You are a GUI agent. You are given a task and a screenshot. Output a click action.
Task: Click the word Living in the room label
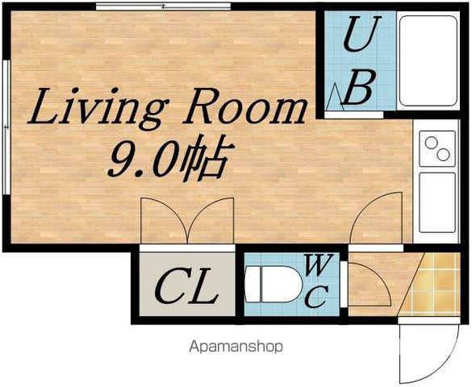96,108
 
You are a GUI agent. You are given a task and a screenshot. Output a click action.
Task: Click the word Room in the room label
244,106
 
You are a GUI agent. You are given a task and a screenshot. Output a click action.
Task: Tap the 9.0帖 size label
170,159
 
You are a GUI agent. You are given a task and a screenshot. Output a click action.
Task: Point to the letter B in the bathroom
359,87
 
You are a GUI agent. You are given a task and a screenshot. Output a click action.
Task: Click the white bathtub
428,60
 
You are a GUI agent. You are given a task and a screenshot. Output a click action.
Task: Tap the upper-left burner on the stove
431,142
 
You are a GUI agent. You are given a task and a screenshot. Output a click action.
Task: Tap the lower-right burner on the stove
443,155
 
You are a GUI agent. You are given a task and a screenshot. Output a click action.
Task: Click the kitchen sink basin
437,202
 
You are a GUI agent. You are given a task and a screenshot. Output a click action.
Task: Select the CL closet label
186,286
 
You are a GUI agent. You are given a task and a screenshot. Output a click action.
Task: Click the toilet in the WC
274,284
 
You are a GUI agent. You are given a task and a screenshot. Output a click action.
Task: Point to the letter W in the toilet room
319,264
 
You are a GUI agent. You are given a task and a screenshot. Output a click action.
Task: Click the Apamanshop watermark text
236,347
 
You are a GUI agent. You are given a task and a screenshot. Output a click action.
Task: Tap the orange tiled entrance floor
432,285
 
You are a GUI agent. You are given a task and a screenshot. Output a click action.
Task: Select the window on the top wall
163,6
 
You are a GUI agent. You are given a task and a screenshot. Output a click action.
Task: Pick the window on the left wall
6,127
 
